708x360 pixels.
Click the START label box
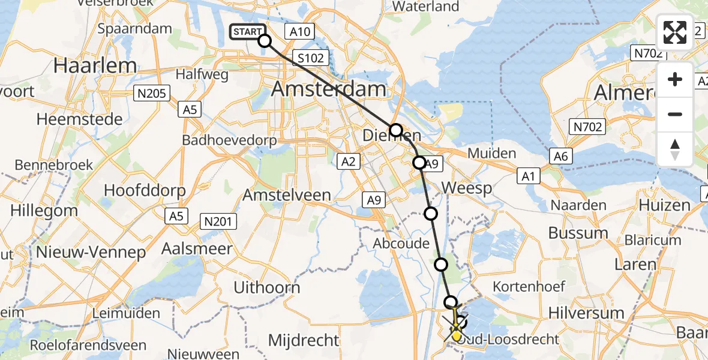(x=246, y=32)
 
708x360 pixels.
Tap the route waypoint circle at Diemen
(x=396, y=130)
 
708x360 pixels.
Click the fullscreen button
(x=675, y=32)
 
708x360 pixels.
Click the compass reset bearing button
(x=675, y=149)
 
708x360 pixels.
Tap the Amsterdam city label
(x=329, y=90)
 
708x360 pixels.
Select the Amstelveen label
(x=287, y=195)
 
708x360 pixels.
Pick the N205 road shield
(x=153, y=93)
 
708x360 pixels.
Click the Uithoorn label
(x=267, y=287)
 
